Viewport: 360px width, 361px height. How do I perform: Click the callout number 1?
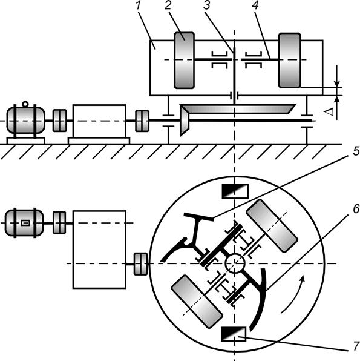[138, 5]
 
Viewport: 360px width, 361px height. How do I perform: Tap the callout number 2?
[168, 5]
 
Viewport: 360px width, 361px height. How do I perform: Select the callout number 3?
[207, 5]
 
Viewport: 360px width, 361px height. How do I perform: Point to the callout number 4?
[255, 5]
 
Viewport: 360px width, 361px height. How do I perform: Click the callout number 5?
[356, 151]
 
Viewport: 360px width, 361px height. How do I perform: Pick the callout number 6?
[356, 209]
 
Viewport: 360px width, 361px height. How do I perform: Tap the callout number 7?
[356, 346]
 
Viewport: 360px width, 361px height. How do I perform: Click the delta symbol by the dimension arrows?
[329, 112]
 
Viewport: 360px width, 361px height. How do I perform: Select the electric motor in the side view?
[25, 120]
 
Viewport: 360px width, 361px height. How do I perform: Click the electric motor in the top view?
[24, 223]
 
